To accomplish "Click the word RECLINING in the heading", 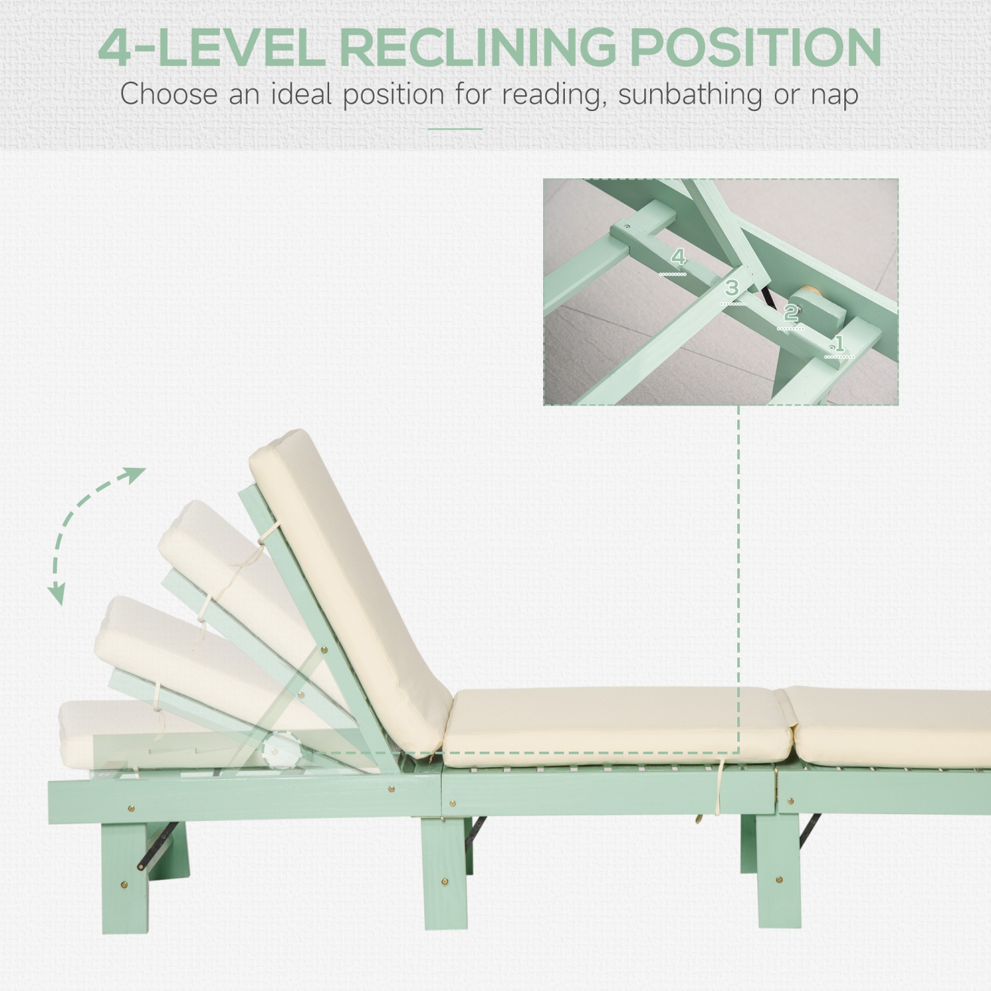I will click(x=477, y=48).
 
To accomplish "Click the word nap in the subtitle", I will click(x=834, y=95).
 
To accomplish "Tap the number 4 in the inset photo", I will click(x=679, y=257).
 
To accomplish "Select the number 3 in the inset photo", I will click(x=731, y=288).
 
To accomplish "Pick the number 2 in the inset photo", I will click(x=790, y=312).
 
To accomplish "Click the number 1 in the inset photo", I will click(x=839, y=344).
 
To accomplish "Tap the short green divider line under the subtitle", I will click(x=455, y=129).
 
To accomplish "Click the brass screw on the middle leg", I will click(x=445, y=881).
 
